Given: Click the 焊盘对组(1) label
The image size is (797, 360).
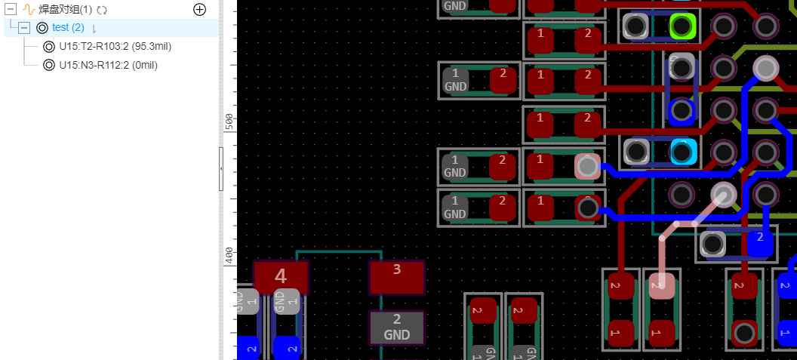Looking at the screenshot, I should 65,10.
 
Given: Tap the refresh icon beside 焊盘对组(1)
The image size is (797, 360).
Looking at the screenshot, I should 102,10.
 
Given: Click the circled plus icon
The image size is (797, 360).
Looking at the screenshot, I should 199,10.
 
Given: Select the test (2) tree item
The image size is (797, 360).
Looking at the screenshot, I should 68,28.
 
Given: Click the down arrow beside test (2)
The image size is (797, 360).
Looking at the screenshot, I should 94,29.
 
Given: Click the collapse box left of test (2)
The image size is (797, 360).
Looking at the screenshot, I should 24,28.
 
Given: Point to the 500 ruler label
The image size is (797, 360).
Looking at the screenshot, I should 229,122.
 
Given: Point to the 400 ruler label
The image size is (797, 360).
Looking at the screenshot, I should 229,255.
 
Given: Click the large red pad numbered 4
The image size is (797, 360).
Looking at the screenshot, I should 281,277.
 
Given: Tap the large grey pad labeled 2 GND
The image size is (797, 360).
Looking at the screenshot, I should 396,327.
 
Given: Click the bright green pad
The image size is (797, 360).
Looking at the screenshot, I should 682,26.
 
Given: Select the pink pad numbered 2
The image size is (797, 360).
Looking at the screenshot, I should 661,285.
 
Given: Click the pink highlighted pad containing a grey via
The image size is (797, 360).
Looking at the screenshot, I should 586,166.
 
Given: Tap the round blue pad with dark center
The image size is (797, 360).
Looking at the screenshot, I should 682,111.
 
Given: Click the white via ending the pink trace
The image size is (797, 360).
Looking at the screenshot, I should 724,195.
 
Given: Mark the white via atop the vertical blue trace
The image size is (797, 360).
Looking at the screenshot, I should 765,68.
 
